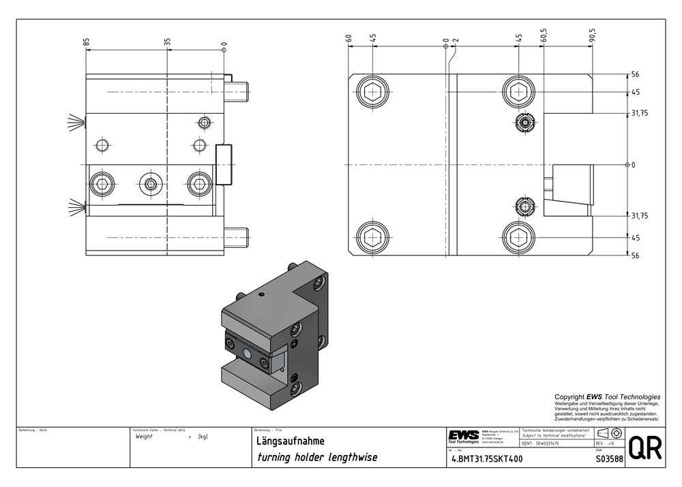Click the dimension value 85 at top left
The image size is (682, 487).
[87, 42]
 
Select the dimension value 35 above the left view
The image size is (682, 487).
[167, 42]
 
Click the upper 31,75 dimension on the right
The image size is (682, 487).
[639, 113]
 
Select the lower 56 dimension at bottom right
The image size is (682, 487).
[635, 256]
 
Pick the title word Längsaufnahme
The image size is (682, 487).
[285, 441]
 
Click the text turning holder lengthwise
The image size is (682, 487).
[316, 458]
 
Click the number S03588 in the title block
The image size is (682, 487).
[609, 459]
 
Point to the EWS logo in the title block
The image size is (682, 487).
[463, 436]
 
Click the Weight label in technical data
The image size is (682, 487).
[144, 437]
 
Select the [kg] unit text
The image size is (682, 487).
[203, 437]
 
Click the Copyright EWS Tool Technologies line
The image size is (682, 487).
[607, 396]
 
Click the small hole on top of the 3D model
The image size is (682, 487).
[262, 295]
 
